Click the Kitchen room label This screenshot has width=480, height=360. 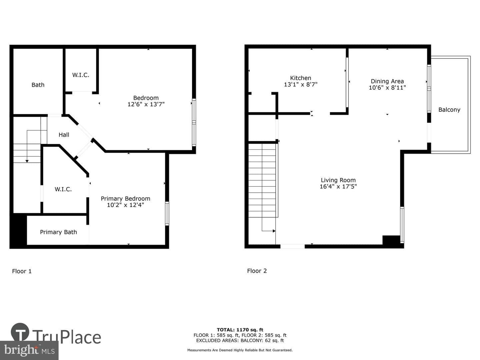click(x=300, y=78)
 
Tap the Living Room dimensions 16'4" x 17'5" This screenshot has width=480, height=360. click(x=338, y=186)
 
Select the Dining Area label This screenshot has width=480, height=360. click(x=387, y=81)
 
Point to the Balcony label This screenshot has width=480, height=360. click(x=449, y=110)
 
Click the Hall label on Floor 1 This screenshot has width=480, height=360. click(x=64, y=135)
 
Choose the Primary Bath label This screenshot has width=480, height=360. click(x=58, y=232)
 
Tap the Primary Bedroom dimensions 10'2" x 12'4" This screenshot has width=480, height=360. click(x=125, y=205)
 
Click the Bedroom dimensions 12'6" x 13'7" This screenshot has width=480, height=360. click(x=146, y=104)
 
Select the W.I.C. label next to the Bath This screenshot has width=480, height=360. click(x=81, y=75)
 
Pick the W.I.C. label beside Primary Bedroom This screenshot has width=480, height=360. click(x=63, y=189)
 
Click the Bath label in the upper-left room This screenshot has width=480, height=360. click(x=38, y=85)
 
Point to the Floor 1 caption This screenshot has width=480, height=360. click(x=22, y=271)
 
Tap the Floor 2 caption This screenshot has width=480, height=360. click(x=257, y=271)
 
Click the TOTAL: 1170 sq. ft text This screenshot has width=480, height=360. click(x=240, y=330)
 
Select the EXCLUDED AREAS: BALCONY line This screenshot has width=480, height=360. click(x=240, y=340)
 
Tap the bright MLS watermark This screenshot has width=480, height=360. click(x=29, y=350)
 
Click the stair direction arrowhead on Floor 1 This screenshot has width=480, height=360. click(x=27, y=161)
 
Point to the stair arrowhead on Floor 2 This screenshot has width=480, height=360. click(x=274, y=231)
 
